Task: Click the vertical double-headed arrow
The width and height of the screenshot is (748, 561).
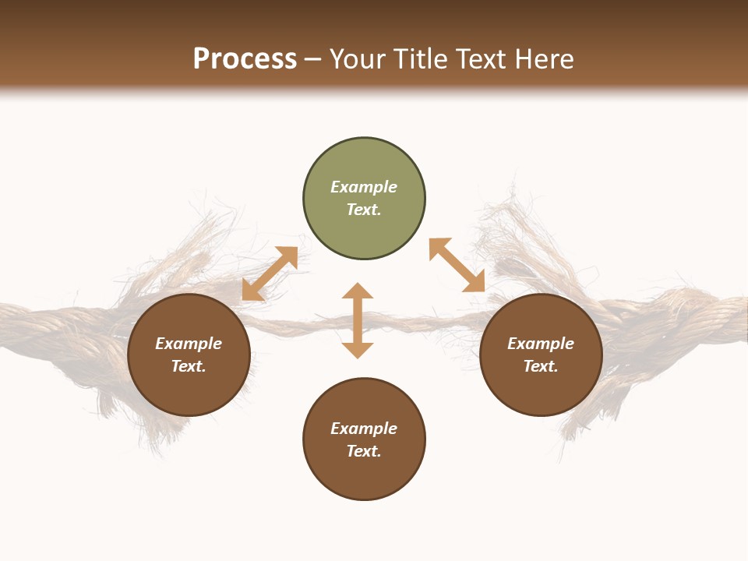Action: tap(358, 320)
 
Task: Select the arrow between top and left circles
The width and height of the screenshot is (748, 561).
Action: tap(270, 273)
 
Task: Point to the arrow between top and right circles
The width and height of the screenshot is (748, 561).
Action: tap(457, 265)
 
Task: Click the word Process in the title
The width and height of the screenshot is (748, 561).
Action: tap(245, 59)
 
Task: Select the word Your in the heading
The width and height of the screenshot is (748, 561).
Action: tap(359, 59)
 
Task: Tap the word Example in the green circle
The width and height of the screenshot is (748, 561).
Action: tap(364, 187)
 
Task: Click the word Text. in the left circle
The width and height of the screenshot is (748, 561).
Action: tap(189, 366)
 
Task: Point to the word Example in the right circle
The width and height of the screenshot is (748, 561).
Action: tap(541, 344)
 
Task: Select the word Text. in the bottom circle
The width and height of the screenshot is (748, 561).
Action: tap(364, 451)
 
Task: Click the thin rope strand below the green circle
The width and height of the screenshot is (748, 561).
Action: tap(405, 320)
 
